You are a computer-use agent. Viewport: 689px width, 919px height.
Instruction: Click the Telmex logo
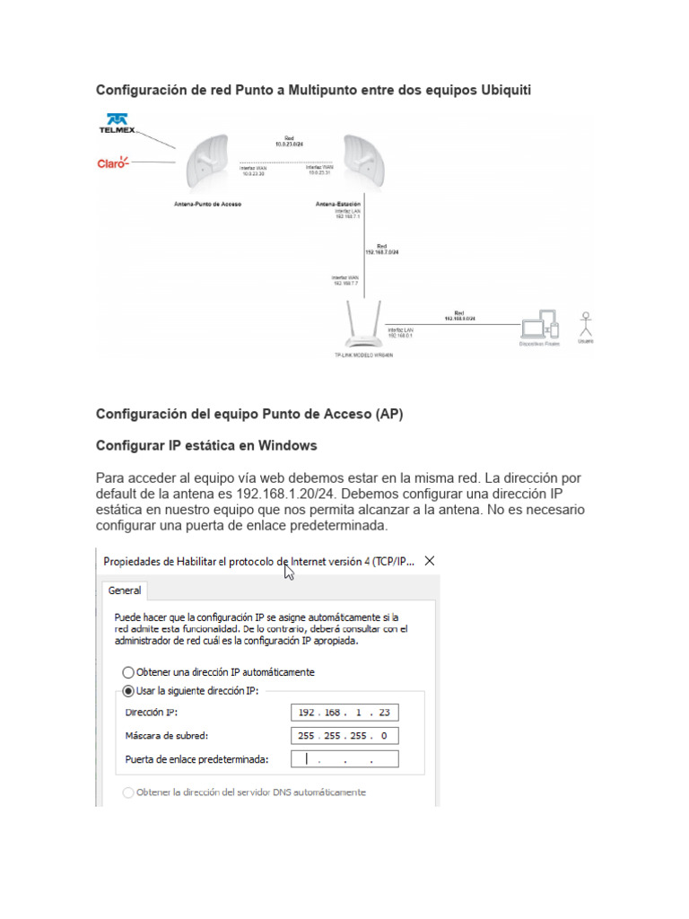116,124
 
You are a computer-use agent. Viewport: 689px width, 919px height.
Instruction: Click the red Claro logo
113,162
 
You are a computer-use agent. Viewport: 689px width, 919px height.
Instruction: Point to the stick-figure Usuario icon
586,325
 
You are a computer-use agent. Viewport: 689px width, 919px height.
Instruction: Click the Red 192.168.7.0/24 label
381,249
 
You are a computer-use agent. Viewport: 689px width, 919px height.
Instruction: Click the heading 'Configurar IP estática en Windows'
206,445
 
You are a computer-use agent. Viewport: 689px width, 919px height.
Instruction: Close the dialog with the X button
429,561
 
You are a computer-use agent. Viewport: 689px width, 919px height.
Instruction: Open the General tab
125,591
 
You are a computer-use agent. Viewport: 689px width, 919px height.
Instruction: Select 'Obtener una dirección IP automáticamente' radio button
128,671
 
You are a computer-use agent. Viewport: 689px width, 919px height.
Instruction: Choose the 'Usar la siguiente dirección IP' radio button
128,690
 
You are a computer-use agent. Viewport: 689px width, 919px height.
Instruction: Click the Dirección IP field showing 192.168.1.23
345,713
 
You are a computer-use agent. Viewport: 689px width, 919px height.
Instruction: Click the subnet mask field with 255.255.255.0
345,736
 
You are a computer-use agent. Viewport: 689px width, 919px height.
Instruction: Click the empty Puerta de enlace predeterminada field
345,760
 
